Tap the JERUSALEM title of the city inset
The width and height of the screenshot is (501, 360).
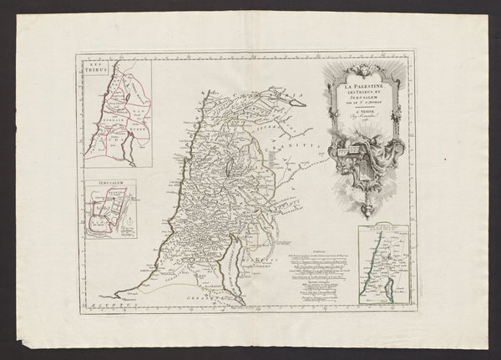[102, 184]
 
